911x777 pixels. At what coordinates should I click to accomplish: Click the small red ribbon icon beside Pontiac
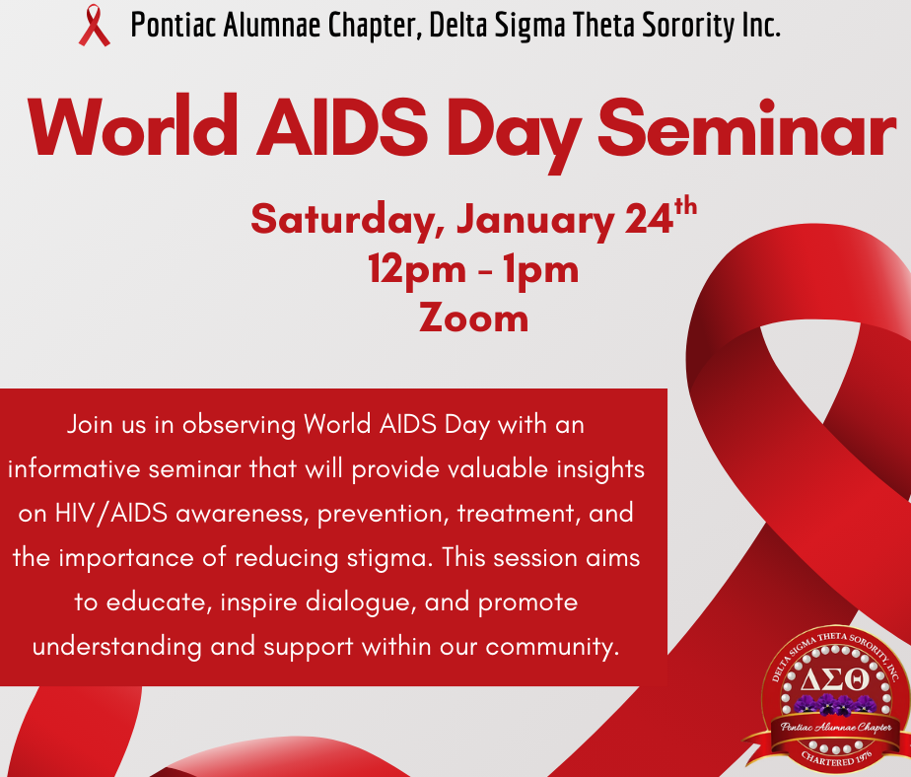[95, 26]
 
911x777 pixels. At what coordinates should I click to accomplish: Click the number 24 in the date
[649, 219]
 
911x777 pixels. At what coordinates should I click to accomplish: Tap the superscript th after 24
[684, 206]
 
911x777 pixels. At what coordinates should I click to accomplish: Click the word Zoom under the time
[473, 318]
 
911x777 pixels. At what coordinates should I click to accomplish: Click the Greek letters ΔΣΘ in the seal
[834, 678]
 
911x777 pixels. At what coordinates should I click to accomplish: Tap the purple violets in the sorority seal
[834, 704]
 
